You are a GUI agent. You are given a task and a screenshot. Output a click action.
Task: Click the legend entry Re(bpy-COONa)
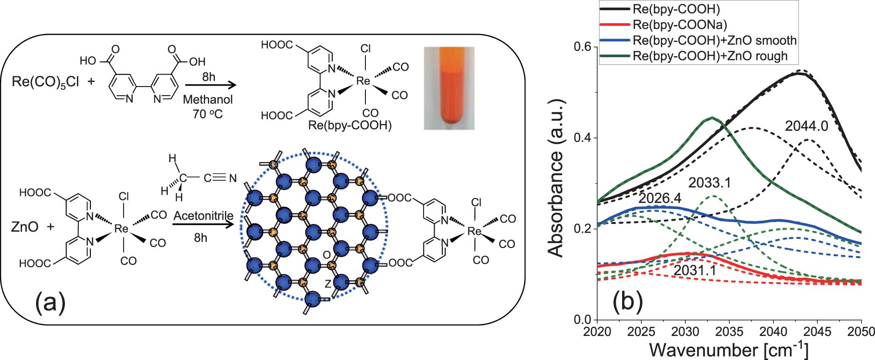(x=680, y=25)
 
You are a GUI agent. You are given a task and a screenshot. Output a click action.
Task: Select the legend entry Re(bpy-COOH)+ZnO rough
(x=710, y=56)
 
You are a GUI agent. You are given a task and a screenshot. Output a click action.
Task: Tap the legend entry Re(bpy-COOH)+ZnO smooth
(x=714, y=40)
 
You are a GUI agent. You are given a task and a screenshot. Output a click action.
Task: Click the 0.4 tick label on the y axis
(x=582, y=138)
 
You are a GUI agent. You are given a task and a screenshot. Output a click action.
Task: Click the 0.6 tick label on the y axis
(x=582, y=47)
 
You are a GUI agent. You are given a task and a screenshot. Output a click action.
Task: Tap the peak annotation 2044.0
(x=807, y=126)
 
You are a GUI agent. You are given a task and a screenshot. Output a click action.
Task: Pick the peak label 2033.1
(x=710, y=183)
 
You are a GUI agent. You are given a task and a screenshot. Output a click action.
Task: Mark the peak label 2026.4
(x=660, y=198)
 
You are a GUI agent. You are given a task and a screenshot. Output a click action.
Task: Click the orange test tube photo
(x=449, y=88)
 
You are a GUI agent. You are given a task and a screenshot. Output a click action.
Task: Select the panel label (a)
(x=50, y=303)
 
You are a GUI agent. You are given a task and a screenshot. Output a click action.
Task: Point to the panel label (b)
(x=627, y=301)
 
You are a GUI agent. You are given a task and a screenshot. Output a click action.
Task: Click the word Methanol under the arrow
(x=208, y=99)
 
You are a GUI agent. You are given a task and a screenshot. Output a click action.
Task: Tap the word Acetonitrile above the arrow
(x=203, y=216)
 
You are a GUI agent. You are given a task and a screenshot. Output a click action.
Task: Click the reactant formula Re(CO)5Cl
(x=45, y=82)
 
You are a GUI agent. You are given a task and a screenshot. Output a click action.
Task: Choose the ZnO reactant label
(x=25, y=226)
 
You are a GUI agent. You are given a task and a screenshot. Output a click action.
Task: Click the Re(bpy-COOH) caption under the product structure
(x=350, y=125)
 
